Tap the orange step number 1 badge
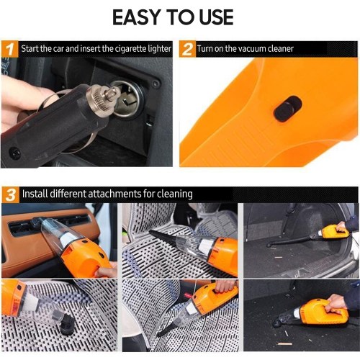pos(9,49)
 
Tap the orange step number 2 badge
pos(187,49)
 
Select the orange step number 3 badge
pos(11,194)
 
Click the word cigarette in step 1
pos(129,49)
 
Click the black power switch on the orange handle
pos(287,109)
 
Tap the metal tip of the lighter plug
pos(113,90)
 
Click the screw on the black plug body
pos(14,153)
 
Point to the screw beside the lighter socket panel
pos(156,84)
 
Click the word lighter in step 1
pos(159,49)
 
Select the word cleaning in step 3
pos(175,194)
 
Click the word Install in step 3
pos(35,194)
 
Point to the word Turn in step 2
pos(205,49)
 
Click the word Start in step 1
pos(30,49)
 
